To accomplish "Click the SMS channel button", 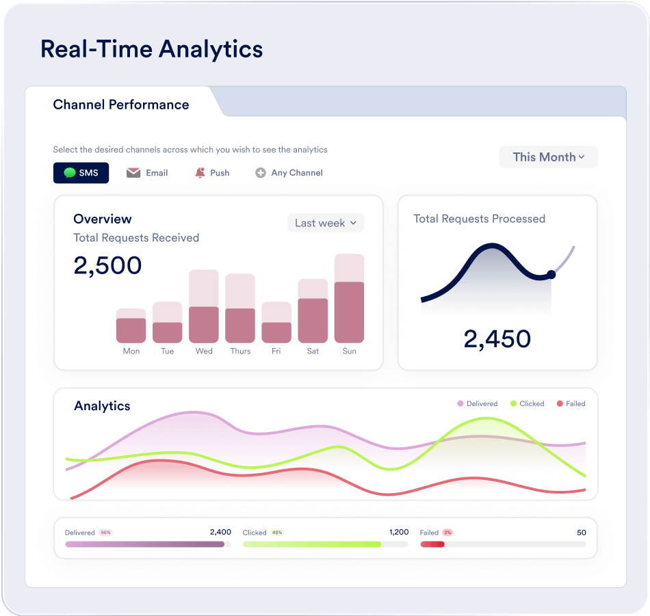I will pyautogui.click(x=81, y=173).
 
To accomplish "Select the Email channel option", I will pyautogui.click(x=147, y=173).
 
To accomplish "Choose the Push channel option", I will pyautogui.click(x=212, y=173).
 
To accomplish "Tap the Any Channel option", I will pyautogui.click(x=289, y=173).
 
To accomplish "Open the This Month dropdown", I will pyautogui.click(x=548, y=157).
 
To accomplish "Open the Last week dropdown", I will pyautogui.click(x=326, y=223).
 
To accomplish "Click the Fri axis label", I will pyautogui.click(x=276, y=351).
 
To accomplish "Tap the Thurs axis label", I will pyautogui.click(x=240, y=351).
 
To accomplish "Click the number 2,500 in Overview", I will pyautogui.click(x=107, y=265).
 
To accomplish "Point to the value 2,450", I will pyautogui.click(x=497, y=339).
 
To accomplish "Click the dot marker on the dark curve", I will pyautogui.click(x=551, y=275).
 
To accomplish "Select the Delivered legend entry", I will pyautogui.click(x=478, y=404).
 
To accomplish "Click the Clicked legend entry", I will pyautogui.click(x=528, y=404).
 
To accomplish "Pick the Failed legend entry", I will pyautogui.click(x=571, y=404).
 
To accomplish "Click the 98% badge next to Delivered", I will pyautogui.click(x=106, y=533).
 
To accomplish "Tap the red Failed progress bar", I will pyautogui.click(x=432, y=544).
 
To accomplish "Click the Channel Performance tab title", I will pyautogui.click(x=121, y=105).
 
